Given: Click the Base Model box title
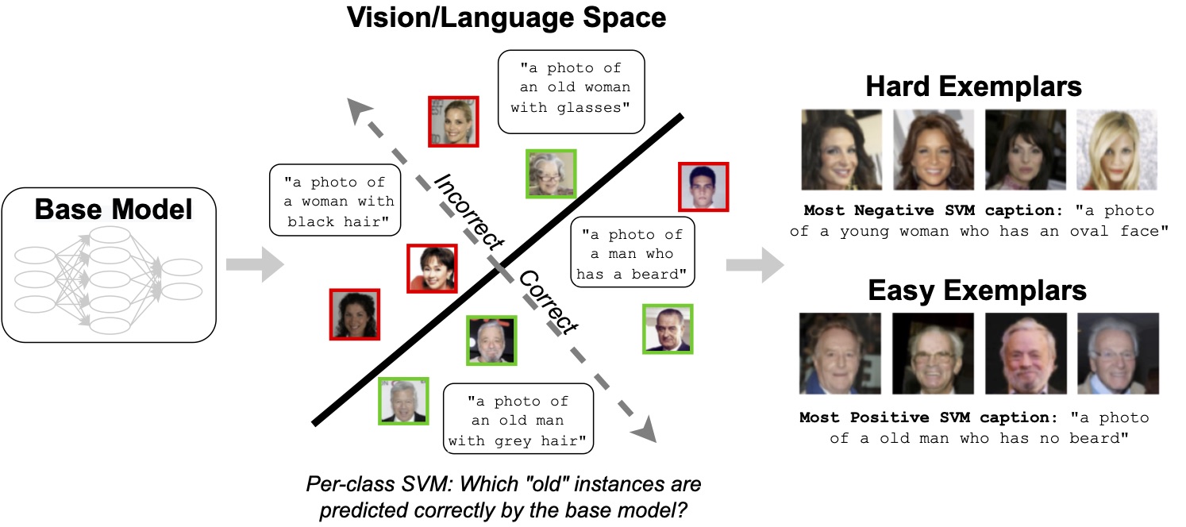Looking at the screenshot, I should click(x=114, y=210).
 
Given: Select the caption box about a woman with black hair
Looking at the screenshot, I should click(x=333, y=202).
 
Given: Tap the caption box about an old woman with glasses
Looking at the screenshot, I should click(x=570, y=87).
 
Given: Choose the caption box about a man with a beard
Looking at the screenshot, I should click(x=633, y=254).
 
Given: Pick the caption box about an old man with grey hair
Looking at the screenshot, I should click(x=518, y=420).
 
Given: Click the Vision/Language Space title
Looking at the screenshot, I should click(x=506, y=17).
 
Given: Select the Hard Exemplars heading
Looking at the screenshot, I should click(x=973, y=86).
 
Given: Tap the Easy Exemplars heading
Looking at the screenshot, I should click(x=976, y=290).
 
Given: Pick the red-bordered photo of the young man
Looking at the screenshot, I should click(x=703, y=187).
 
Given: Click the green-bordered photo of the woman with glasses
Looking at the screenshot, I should click(x=551, y=173).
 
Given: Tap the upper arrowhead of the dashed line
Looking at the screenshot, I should click(x=361, y=110).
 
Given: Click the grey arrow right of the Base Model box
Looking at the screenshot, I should click(x=254, y=264).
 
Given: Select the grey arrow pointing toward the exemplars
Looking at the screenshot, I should click(x=754, y=264).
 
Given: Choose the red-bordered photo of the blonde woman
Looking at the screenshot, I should click(x=453, y=121).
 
